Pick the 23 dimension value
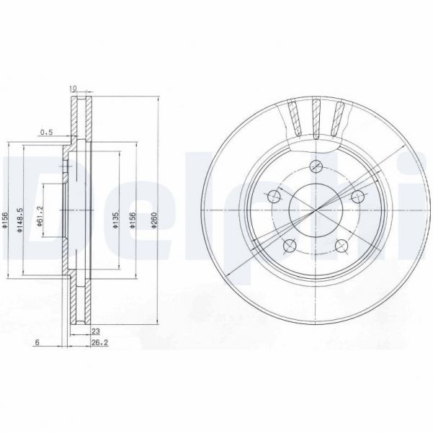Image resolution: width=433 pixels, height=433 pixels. (95, 331)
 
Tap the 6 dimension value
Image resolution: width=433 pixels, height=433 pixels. (36, 344)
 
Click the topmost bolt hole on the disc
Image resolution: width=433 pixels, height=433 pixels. (314, 167)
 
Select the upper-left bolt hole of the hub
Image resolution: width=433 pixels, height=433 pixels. (273, 197)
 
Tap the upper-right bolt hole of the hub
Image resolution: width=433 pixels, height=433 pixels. (355, 197)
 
